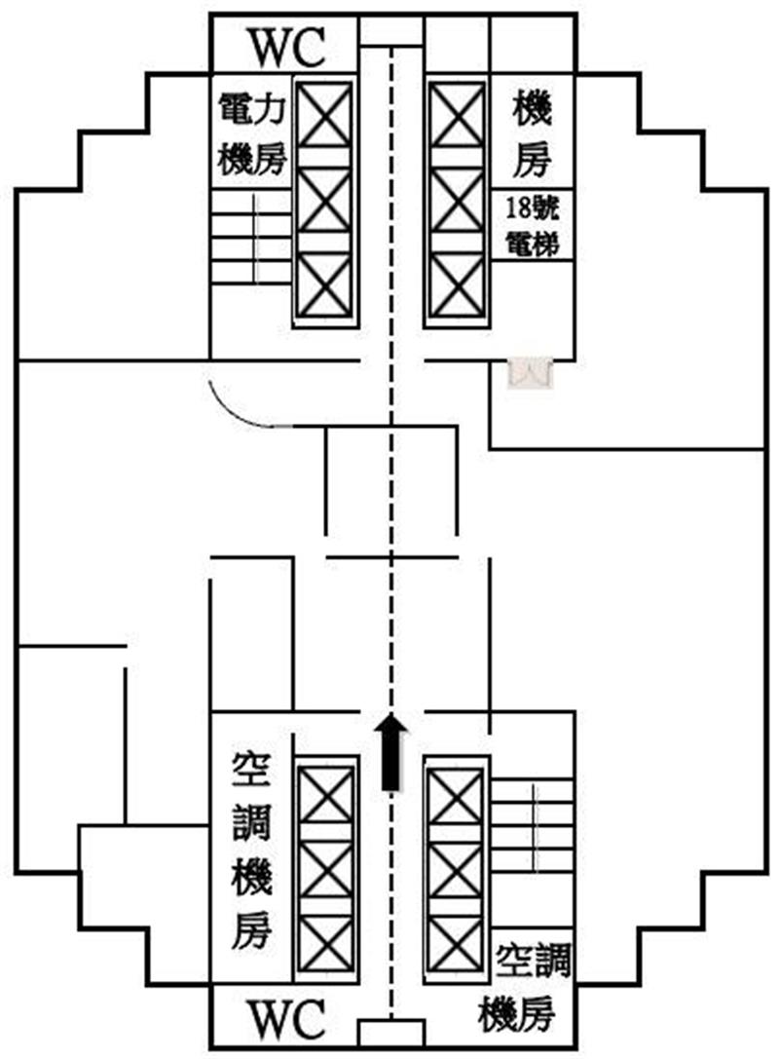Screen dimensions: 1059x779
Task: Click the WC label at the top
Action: (x=287, y=47)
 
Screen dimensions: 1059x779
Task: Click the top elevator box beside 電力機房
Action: (x=324, y=115)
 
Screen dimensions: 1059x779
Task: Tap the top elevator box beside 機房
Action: (x=457, y=115)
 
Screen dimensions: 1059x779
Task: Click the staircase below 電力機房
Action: (x=251, y=238)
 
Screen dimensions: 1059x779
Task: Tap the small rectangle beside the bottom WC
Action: (x=390, y=1031)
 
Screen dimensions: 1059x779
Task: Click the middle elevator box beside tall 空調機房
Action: (x=324, y=873)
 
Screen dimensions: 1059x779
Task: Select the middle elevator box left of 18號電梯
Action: (x=457, y=200)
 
